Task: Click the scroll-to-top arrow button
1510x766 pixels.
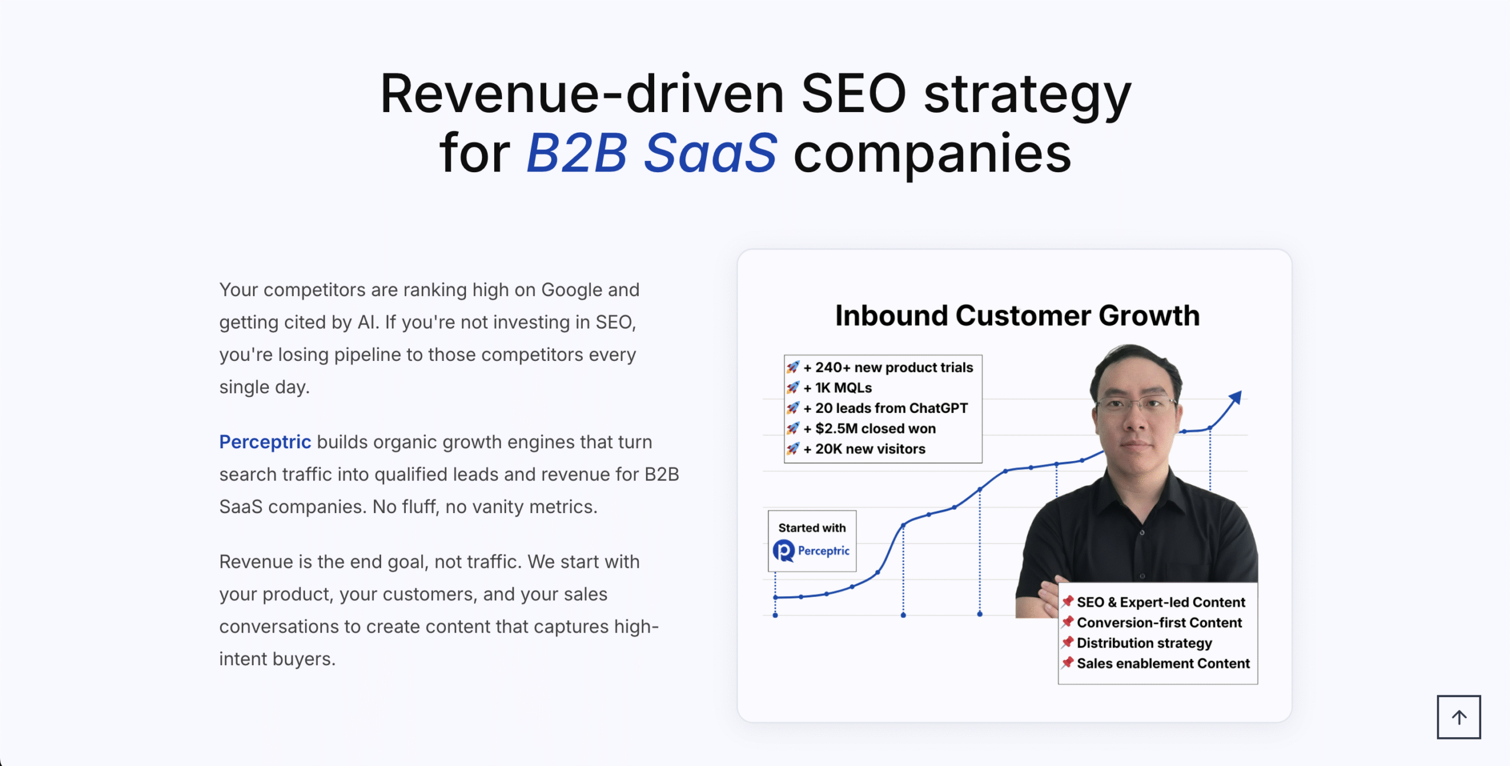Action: click(x=1458, y=716)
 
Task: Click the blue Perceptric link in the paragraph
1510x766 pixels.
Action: click(x=265, y=442)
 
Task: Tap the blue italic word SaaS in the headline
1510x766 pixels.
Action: click(x=710, y=153)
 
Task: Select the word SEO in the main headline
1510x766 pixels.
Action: click(x=854, y=93)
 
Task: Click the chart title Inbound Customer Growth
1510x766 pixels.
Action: click(x=1017, y=315)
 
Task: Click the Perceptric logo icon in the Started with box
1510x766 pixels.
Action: click(x=783, y=551)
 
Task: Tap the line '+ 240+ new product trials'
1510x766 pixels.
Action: click(x=888, y=367)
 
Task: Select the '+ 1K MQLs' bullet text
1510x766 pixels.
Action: click(x=837, y=387)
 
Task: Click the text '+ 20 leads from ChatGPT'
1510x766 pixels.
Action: click(x=885, y=408)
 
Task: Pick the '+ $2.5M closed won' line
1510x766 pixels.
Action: click(x=869, y=428)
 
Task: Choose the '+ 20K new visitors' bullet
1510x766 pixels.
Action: click(x=864, y=449)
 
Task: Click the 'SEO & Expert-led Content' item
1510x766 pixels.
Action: click(x=1161, y=602)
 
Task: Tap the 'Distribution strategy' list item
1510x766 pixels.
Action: click(x=1144, y=643)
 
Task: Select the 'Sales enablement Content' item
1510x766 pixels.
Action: click(x=1163, y=663)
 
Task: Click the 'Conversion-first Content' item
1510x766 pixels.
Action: click(x=1159, y=623)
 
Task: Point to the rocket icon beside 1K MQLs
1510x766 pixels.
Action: click(x=793, y=387)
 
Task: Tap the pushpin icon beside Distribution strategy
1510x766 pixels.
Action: click(x=1067, y=642)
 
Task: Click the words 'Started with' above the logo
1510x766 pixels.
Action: click(x=812, y=528)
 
